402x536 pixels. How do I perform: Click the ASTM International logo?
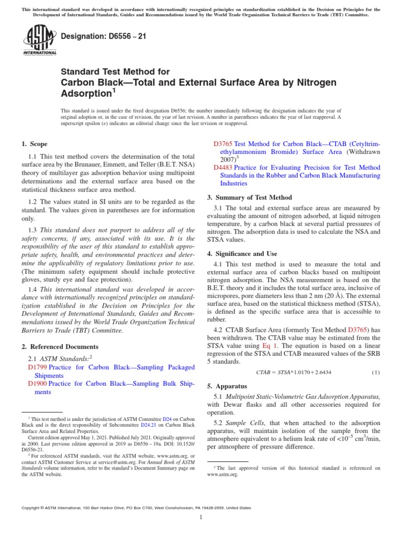pos(40,40)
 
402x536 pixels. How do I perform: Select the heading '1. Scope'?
pos(34,144)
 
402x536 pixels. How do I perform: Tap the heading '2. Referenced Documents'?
pos(60,347)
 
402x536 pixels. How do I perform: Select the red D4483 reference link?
pos(224,167)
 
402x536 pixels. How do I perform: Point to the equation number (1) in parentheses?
pos(375,372)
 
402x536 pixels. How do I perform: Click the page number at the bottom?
pos(201,518)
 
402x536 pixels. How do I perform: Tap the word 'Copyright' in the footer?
pos(31,508)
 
